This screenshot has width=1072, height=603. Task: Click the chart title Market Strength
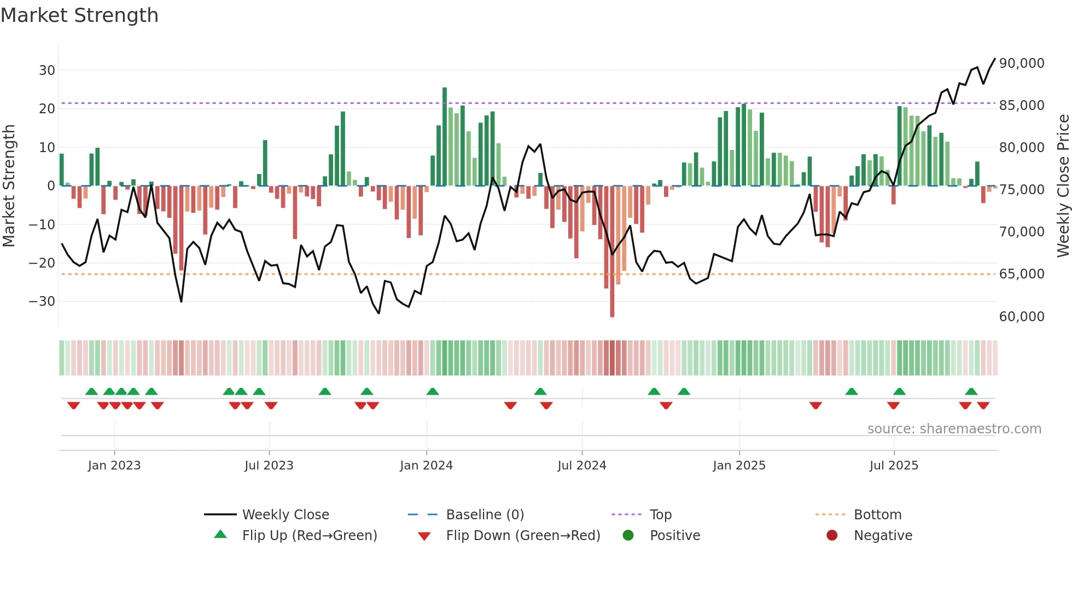pos(79,15)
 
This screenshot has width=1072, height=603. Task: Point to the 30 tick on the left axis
pos(47,71)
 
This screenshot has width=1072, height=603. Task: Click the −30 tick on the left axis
pos(42,301)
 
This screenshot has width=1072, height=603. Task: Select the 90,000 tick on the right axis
pos(1022,63)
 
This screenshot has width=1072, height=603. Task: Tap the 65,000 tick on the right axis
pos(1022,274)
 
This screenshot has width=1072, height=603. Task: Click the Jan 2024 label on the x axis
pos(426,466)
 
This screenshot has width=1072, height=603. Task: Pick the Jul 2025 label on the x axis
pos(894,466)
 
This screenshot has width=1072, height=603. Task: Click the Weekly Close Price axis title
pos(1063,185)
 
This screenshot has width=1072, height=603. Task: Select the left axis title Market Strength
pos(9,185)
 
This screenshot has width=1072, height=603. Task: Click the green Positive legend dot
pos(628,536)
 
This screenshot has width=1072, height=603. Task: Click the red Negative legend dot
pos(832,536)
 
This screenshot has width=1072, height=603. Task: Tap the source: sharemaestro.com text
pos(954,429)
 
